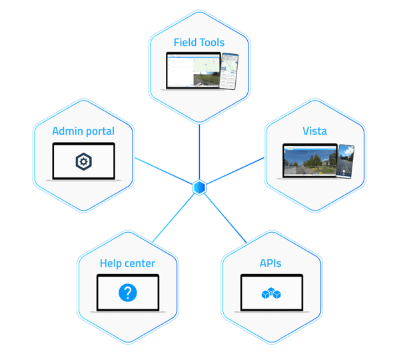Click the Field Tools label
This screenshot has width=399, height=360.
(x=199, y=43)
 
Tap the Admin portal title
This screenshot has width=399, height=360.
(x=83, y=131)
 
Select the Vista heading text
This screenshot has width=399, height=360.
(x=315, y=131)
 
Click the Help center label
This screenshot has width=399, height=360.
(x=127, y=263)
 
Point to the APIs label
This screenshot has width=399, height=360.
(x=270, y=263)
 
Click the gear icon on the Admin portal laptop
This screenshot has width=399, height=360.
(x=83, y=161)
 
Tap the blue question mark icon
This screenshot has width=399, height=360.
(x=128, y=293)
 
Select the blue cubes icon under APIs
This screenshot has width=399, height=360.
(x=271, y=293)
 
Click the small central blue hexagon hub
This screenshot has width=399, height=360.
(x=199, y=187)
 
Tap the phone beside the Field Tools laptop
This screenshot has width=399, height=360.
(x=228, y=71)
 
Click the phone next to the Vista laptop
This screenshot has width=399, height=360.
(x=345, y=161)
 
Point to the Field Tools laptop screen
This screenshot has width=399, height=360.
(x=193, y=71)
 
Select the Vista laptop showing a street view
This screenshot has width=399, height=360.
(x=310, y=161)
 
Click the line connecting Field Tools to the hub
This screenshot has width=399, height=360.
(x=199, y=152)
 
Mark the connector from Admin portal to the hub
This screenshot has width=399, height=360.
(x=163, y=171)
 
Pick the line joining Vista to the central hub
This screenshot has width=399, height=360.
(x=235, y=171)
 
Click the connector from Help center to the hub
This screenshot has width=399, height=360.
(x=174, y=218)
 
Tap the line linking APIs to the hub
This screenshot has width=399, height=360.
(x=225, y=219)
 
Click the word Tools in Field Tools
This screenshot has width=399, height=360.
(x=212, y=43)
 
